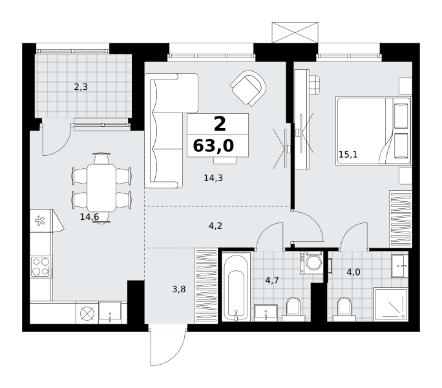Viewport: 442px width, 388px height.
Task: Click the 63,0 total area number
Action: tap(213, 146)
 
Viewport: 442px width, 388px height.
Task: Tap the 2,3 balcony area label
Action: tap(81, 87)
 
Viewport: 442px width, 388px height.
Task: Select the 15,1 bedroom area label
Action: tap(348, 155)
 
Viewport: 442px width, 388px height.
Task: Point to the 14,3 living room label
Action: tap(213, 178)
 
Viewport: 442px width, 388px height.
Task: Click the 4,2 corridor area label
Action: tap(215, 226)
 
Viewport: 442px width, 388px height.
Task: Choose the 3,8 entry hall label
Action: tap(179, 289)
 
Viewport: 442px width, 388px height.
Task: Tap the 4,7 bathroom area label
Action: tap(272, 280)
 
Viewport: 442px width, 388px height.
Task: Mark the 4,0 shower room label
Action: tap(353, 272)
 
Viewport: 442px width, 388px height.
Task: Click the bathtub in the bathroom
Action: tap(236, 287)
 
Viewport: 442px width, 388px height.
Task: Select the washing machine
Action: tap(311, 263)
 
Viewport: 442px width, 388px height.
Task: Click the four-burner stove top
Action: tap(41, 266)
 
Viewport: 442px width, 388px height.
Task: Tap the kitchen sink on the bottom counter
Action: tap(110, 312)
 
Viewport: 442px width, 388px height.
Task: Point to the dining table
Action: tap(101, 188)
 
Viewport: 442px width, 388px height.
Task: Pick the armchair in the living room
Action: tap(248, 89)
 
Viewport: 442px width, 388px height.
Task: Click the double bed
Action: tap(374, 131)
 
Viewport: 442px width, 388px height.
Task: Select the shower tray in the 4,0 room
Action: tap(391, 305)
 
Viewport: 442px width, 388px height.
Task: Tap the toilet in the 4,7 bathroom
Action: tap(293, 310)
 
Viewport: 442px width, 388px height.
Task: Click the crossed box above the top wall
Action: tap(295, 32)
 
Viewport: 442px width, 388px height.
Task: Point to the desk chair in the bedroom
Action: tap(314, 84)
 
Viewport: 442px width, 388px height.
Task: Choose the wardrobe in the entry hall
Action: tap(206, 286)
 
